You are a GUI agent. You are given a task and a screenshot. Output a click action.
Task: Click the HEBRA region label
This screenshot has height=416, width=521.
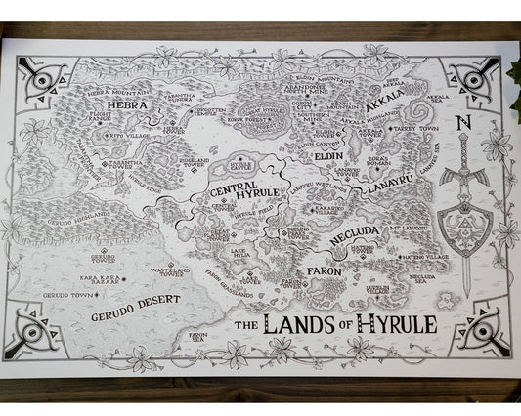click(127, 104)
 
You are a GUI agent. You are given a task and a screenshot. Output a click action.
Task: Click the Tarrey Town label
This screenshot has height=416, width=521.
click(423, 127)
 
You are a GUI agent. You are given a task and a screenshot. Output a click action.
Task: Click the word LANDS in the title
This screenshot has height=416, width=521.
click(322, 323)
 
